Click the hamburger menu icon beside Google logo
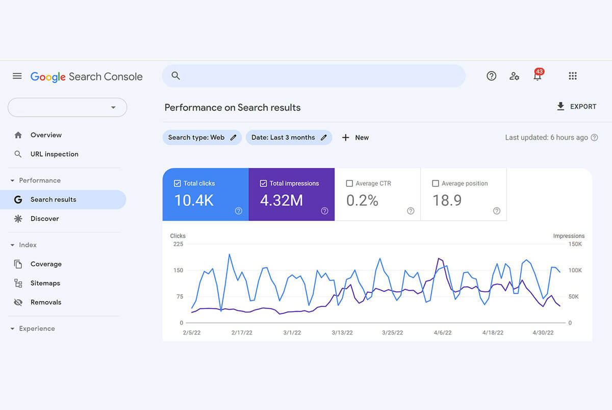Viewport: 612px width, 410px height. click(17, 76)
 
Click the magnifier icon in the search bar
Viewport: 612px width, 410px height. click(175, 76)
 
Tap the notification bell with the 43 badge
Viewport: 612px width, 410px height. click(537, 76)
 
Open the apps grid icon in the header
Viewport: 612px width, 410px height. click(572, 76)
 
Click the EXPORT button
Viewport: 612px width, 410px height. click(576, 107)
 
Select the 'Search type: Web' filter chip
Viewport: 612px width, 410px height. click(201, 138)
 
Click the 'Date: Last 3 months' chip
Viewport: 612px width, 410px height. click(289, 138)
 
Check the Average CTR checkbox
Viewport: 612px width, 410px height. click(349, 184)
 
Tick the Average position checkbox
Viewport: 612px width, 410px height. click(436, 184)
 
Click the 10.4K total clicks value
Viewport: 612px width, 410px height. click(194, 200)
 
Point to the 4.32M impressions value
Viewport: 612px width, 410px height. click(282, 200)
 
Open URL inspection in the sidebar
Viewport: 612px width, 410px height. click(54, 154)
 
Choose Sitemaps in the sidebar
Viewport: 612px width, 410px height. click(45, 283)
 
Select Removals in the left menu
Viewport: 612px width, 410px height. click(46, 302)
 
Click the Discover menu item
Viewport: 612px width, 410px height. click(45, 219)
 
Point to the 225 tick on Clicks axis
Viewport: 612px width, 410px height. click(178, 244)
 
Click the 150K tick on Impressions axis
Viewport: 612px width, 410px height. click(575, 244)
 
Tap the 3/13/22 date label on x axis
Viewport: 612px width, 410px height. click(342, 332)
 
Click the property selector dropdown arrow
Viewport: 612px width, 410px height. click(113, 108)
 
